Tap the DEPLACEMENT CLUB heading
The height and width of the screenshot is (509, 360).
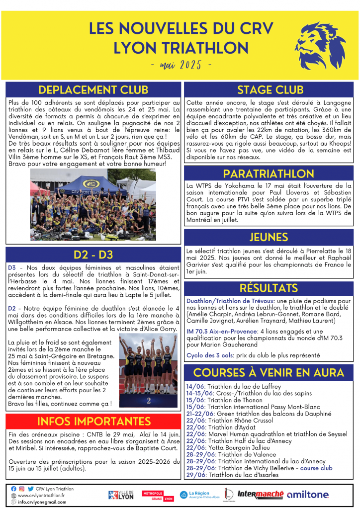tap(93, 90)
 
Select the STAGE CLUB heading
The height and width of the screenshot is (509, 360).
tap(270, 90)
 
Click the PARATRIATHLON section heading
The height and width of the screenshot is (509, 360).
tap(270, 173)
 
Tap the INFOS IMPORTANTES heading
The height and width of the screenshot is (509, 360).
tap(93, 422)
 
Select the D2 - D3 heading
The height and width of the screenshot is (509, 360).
tap(93, 255)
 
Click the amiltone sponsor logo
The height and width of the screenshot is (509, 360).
tap(308, 495)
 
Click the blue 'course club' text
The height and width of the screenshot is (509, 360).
tap(316, 468)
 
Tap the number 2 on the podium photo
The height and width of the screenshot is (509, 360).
tap(149, 400)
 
